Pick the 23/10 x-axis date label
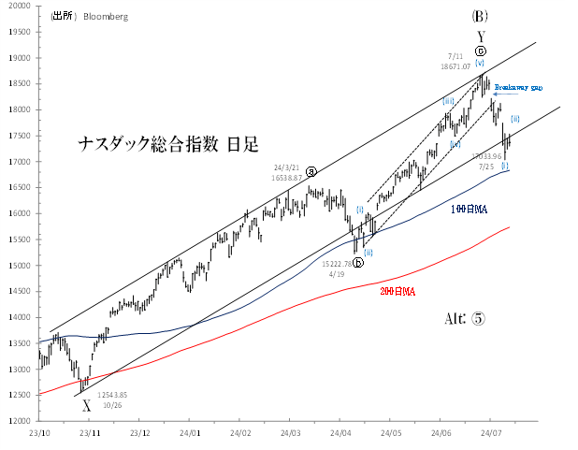point(39,433)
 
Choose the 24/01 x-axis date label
point(190,433)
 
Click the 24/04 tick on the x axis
point(341,433)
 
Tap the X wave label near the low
point(87,406)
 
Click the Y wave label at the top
point(480,36)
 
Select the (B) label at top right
point(480,16)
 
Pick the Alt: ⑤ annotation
point(464,318)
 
